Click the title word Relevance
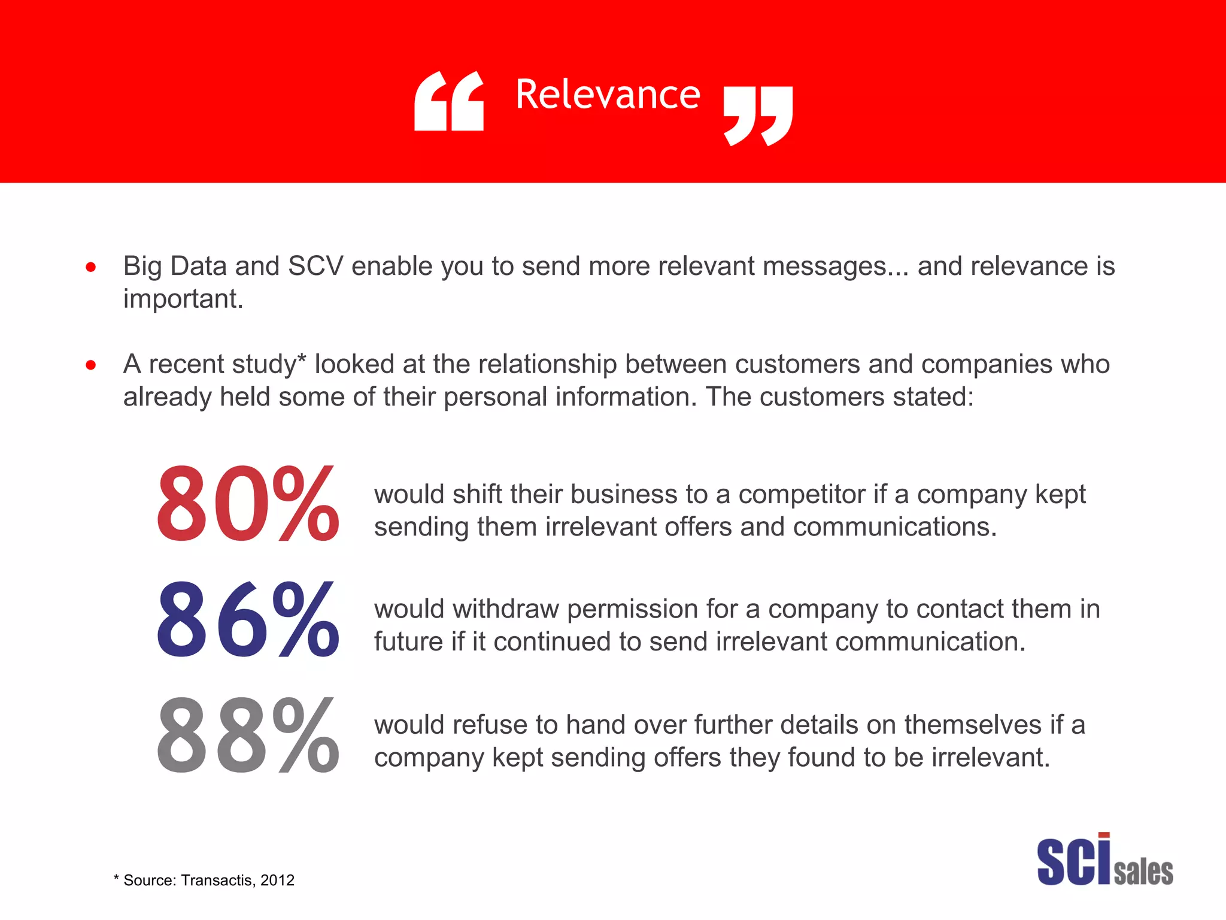(607, 95)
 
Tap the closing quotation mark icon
(758, 116)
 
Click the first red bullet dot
(90, 267)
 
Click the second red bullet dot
(90, 365)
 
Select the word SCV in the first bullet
(315, 267)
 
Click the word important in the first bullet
(183, 299)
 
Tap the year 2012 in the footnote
(277, 880)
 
